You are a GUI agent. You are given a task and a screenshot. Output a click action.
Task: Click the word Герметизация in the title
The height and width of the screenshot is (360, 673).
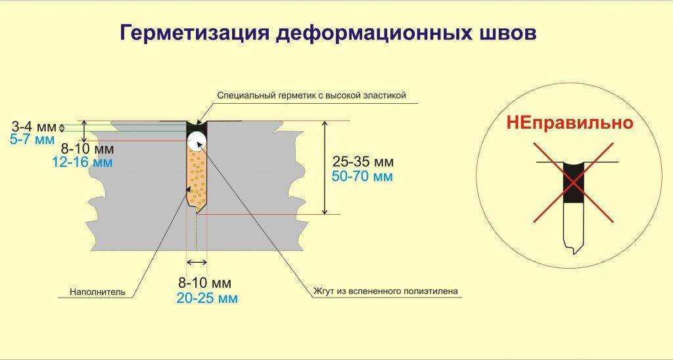pyautogui.click(x=194, y=33)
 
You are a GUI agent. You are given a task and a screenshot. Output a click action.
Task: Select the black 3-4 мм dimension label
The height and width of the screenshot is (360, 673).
pyautogui.click(x=34, y=127)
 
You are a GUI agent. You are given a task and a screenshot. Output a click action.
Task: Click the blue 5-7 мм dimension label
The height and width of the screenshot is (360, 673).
pyautogui.click(x=32, y=139)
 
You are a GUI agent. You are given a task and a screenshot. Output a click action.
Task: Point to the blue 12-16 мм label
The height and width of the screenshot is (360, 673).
pyautogui.click(x=82, y=162)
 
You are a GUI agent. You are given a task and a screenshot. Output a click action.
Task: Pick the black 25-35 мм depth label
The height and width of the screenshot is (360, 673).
pyautogui.click(x=363, y=162)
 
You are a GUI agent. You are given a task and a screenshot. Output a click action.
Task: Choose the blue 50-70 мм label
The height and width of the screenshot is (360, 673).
pyautogui.click(x=363, y=176)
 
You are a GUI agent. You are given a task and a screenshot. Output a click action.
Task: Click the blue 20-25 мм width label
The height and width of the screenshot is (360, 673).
pyautogui.click(x=207, y=298)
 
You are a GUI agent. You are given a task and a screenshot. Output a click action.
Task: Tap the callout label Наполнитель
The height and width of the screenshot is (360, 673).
pyautogui.click(x=97, y=292)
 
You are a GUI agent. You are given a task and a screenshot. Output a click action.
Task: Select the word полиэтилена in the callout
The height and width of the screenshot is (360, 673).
pyautogui.click(x=430, y=292)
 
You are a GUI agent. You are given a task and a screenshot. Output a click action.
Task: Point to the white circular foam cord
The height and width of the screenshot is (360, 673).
pyautogui.click(x=197, y=139)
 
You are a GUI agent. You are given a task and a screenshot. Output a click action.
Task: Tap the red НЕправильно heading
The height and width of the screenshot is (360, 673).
pyautogui.click(x=570, y=124)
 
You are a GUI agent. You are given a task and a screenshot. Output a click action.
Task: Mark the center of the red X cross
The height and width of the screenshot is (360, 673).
pyautogui.click(x=574, y=183)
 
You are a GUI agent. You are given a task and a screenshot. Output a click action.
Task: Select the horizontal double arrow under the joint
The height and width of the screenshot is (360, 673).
pyautogui.click(x=197, y=262)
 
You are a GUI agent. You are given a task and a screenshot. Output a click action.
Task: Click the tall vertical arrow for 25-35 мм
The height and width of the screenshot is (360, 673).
pyautogui.click(x=325, y=168)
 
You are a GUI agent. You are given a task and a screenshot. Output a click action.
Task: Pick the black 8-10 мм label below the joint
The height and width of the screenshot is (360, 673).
pyautogui.click(x=205, y=283)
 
